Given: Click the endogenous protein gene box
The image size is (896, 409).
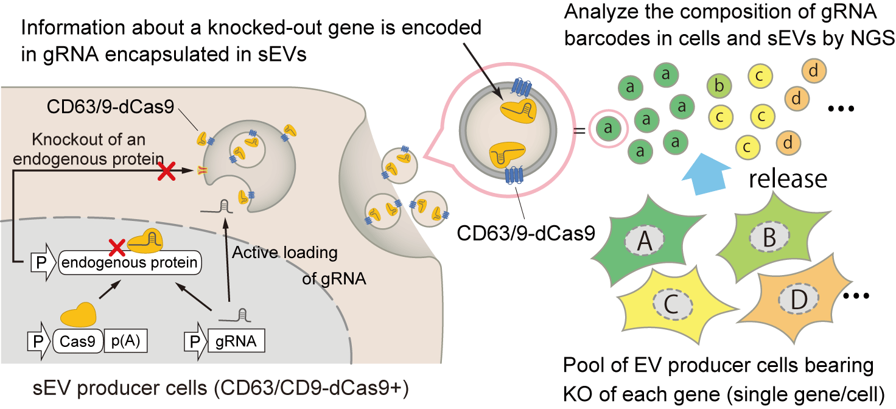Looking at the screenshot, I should tap(130, 263).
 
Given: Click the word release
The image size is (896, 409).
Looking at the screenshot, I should tap(787, 179).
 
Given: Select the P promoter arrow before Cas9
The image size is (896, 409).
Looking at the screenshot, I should tap(37, 342).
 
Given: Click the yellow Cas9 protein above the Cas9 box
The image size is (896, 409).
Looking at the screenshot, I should tap(78, 315).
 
